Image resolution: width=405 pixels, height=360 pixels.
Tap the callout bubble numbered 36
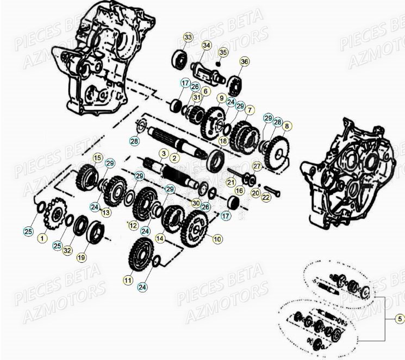[x=244, y=62]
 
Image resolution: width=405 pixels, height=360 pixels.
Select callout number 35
[x=223, y=53]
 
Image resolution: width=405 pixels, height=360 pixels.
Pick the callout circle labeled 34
[x=207, y=45]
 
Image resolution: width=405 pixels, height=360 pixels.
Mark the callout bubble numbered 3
[x=162, y=154]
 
